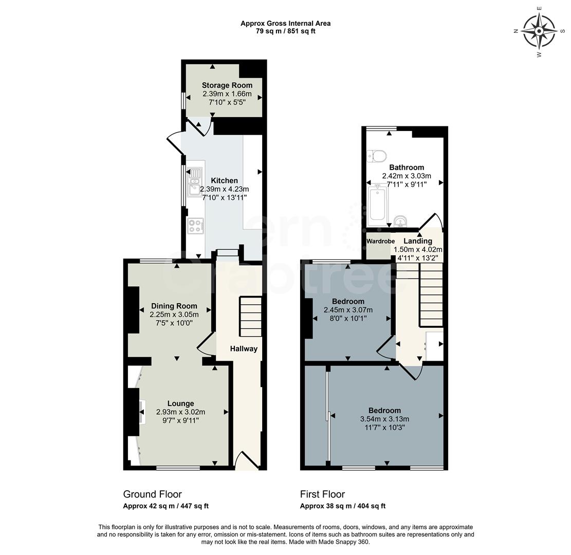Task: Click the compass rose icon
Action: [x=539, y=31]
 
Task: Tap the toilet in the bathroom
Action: [x=378, y=155]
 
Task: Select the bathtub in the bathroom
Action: [x=378, y=204]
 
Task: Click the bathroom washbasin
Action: [x=401, y=221]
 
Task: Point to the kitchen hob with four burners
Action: [x=195, y=226]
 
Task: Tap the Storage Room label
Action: [x=227, y=85]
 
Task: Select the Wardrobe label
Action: [x=380, y=242]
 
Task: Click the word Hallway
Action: [x=244, y=349]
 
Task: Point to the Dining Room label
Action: [x=174, y=306]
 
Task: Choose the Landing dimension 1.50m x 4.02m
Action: [x=418, y=250]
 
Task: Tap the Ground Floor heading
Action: [x=152, y=494]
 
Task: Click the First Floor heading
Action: [x=322, y=494]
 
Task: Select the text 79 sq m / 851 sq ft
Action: [x=285, y=31]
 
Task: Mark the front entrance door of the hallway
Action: [x=246, y=460]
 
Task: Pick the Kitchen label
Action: [x=225, y=181]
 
